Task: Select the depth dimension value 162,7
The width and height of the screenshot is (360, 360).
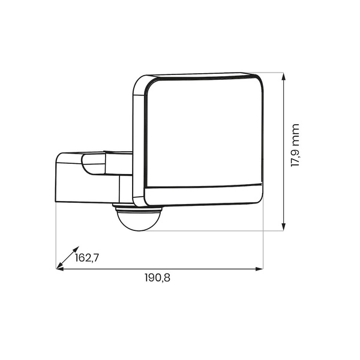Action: (x=86, y=258)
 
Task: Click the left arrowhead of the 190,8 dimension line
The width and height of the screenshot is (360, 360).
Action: (x=59, y=268)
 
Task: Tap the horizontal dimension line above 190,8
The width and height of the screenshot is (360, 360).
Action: (x=180, y=268)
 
